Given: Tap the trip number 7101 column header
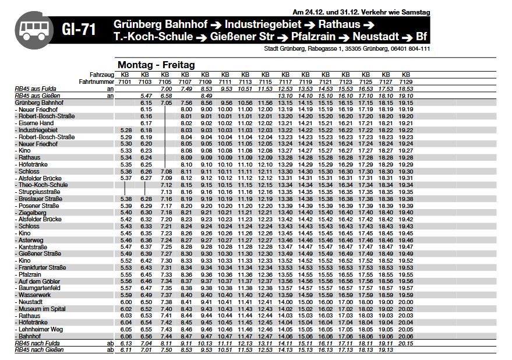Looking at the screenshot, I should [x=125, y=82].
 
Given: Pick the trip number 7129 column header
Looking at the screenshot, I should [x=406, y=82].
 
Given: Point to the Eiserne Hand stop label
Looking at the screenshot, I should [x=36, y=123].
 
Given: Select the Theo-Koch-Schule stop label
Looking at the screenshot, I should [x=43, y=185].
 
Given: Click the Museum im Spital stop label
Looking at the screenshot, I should [x=42, y=309].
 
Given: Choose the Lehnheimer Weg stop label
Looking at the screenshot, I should [x=41, y=330].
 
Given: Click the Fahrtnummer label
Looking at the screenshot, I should [x=96, y=82].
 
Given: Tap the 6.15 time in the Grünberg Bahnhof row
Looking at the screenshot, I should [x=146, y=103].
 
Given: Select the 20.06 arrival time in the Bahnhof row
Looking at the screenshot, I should [x=406, y=337].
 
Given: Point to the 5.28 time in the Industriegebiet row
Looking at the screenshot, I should [x=125, y=130].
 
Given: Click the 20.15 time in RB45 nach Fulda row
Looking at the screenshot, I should [x=406, y=344].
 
